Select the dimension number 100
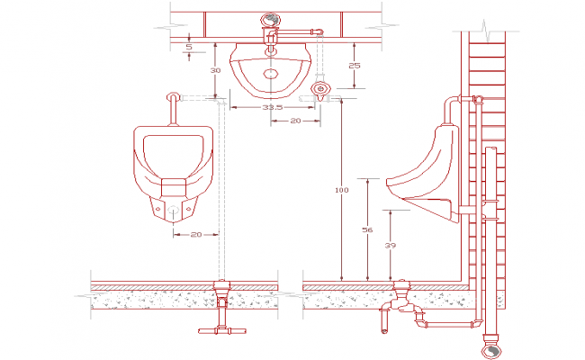[x=340, y=191]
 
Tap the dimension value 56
[x=367, y=230]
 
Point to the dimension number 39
[x=389, y=246]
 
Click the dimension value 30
[x=215, y=70]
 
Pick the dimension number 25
[x=355, y=66]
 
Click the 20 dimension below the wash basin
[x=294, y=120]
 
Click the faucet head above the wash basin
[x=269, y=20]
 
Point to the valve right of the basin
[x=320, y=88]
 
